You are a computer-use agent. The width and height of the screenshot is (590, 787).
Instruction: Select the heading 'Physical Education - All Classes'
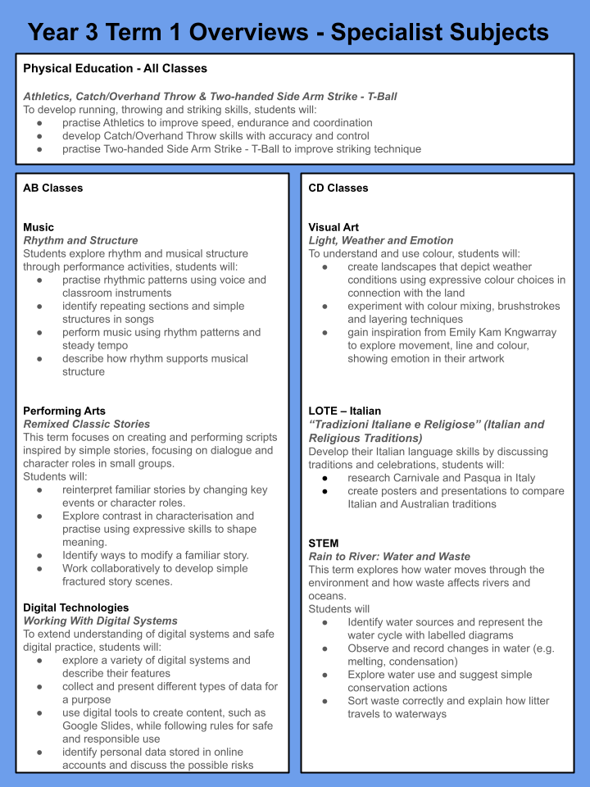[x=115, y=68]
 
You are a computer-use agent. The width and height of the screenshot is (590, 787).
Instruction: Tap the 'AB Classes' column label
[x=52, y=188]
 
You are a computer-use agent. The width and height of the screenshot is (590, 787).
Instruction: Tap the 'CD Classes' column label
[x=338, y=188]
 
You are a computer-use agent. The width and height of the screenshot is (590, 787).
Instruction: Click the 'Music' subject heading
[x=39, y=227]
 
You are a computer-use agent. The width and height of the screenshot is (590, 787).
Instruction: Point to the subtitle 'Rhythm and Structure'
[x=80, y=240]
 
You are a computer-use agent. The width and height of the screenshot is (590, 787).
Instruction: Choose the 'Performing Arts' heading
[x=64, y=411]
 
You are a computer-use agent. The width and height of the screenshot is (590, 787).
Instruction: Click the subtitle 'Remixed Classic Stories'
[x=87, y=424]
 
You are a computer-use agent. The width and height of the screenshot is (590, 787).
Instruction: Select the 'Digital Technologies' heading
[x=75, y=607]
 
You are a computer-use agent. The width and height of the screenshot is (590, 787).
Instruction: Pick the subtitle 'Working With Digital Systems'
[x=100, y=621]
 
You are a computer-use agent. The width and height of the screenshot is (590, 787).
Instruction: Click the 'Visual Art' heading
[x=334, y=227]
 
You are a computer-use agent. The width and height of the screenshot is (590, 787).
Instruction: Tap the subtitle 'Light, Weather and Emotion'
[x=381, y=240]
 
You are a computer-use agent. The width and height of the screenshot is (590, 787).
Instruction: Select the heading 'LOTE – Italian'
[x=344, y=411]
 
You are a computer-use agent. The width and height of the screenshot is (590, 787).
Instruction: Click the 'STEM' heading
[x=324, y=543]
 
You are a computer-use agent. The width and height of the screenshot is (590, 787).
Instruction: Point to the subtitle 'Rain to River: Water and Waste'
[x=389, y=556]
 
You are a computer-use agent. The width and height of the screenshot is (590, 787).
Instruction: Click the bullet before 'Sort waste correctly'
[x=326, y=701]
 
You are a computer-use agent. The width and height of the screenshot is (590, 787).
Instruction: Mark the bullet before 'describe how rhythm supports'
[x=41, y=358]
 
